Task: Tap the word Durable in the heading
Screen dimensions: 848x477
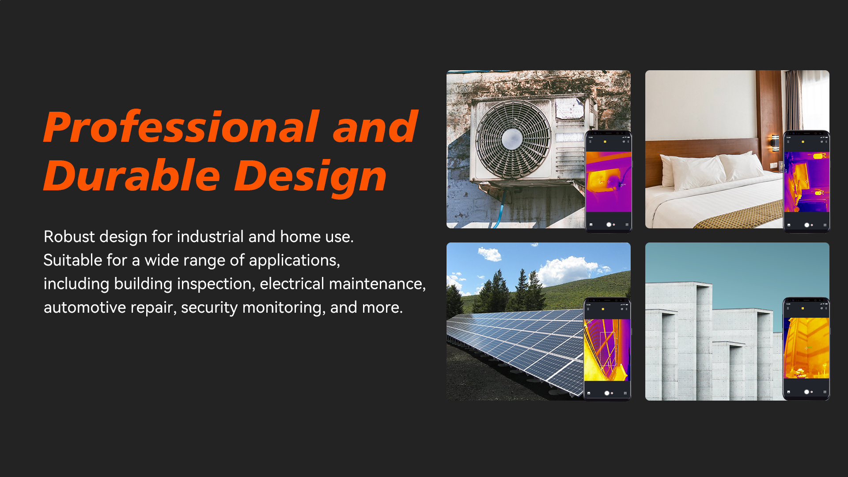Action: [x=132, y=176]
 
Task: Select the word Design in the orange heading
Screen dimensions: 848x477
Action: [x=310, y=177]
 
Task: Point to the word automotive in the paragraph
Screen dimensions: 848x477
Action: [x=85, y=307]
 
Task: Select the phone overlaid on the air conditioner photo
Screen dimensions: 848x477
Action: [x=609, y=181]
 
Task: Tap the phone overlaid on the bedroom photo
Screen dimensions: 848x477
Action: [x=806, y=181]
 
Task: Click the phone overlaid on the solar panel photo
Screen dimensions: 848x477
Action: [x=607, y=349]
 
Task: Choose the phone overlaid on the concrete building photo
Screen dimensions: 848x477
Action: [x=806, y=349]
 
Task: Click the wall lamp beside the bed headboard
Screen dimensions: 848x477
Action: [x=775, y=143]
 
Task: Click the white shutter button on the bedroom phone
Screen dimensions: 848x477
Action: [x=806, y=225]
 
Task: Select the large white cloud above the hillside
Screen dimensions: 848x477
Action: [x=568, y=269]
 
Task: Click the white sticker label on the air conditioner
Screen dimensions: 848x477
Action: [x=570, y=108]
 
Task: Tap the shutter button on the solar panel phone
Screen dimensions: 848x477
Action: [x=607, y=393]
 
